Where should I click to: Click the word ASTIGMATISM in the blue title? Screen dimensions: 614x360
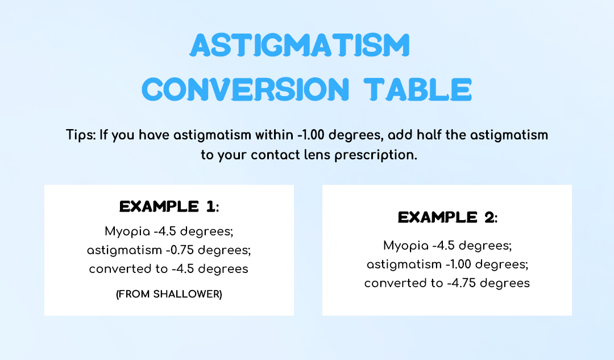[300, 45]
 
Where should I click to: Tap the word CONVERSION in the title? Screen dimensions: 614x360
[245, 89]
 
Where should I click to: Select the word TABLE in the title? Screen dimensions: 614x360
[418, 89]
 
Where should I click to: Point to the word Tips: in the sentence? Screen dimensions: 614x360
[81, 135]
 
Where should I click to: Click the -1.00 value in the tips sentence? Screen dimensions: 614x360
[312, 135]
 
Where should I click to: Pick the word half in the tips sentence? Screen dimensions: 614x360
[429, 135]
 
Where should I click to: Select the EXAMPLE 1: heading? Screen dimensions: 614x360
[169, 206]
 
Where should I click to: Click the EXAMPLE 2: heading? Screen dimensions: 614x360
[447, 217]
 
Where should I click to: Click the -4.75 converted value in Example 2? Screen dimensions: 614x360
[461, 283]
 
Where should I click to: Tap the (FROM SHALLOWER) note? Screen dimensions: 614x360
[169, 294]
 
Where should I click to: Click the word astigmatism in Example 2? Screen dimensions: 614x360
[404, 265]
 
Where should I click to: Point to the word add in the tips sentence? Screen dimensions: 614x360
[400, 135]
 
